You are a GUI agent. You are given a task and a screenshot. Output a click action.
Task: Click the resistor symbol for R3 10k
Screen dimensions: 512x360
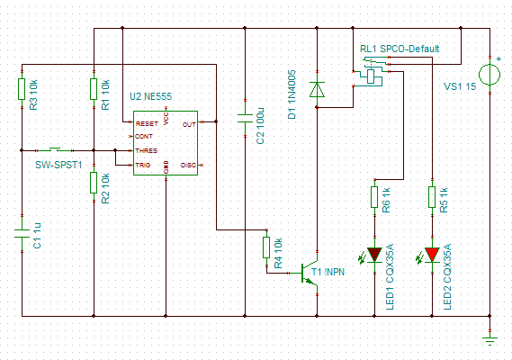click(22, 89)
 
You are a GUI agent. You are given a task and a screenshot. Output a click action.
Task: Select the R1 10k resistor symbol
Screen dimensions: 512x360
click(94, 89)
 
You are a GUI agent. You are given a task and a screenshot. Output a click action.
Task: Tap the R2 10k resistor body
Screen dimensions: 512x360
click(94, 183)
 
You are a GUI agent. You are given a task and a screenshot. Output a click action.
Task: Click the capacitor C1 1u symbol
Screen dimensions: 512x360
click(22, 234)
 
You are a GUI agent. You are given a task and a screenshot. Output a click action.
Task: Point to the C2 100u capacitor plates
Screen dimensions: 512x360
click(245, 118)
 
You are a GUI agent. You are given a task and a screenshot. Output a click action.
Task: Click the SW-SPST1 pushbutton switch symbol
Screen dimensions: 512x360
click(55, 150)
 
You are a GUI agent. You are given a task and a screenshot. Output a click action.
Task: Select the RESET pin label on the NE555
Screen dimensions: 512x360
click(147, 124)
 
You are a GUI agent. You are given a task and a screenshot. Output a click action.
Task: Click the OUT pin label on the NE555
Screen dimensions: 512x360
click(189, 124)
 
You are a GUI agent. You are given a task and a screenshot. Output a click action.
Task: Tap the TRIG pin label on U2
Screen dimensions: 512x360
click(143, 165)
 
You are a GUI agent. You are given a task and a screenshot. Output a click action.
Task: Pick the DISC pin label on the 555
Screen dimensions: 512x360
click(188, 165)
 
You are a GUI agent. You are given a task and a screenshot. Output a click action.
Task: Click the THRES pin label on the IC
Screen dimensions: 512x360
click(147, 150)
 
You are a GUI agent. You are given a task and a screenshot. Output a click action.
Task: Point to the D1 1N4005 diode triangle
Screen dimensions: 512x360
click(317, 89)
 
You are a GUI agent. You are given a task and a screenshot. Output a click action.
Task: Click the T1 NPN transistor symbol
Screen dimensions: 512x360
click(309, 273)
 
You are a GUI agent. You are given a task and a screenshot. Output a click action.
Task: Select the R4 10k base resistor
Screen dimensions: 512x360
click(266, 247)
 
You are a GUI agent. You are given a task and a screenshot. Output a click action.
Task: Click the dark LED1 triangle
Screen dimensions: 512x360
click(374, 255)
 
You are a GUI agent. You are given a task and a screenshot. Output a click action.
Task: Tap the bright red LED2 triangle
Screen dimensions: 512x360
click(432, 255)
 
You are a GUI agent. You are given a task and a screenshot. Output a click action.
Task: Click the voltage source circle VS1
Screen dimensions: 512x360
click(490, 75)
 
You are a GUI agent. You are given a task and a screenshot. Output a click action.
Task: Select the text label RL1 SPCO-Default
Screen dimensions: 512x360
click(400, 49)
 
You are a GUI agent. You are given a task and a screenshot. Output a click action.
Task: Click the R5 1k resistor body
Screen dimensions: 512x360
click(432, 197)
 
